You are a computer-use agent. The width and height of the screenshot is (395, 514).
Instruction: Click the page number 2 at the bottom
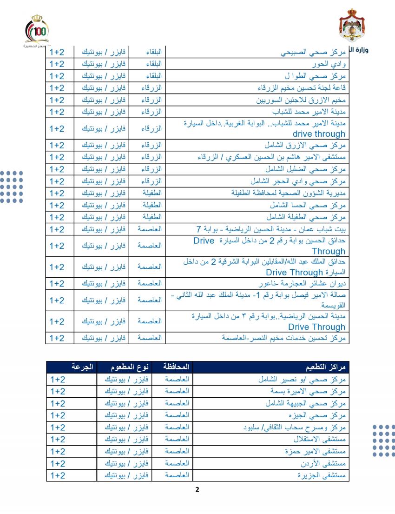tap(197, 489)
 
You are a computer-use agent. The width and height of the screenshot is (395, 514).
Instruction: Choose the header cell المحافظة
tap(177, 367)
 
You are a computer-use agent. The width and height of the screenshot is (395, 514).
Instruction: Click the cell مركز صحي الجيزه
tap(316, 415)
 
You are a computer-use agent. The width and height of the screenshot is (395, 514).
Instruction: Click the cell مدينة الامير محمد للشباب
tap(309, 112)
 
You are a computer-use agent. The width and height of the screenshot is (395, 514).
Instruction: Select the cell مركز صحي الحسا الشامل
tap(308, 205)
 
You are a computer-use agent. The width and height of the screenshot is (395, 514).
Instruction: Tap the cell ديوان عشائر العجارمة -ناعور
tap(303, 284)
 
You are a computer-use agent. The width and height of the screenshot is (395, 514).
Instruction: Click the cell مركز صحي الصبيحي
tap(314, 52)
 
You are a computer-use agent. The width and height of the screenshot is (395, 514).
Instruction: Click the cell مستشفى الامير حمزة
tap(316, 451)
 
